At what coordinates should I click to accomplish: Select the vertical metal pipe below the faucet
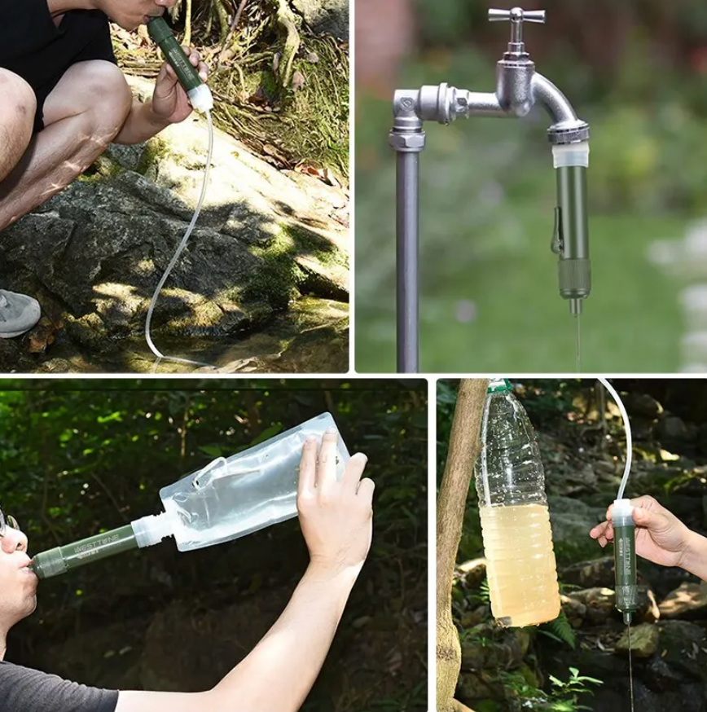[407, 261]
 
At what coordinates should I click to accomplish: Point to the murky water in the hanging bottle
[519, 562]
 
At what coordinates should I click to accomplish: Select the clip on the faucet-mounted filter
[557, 231]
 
